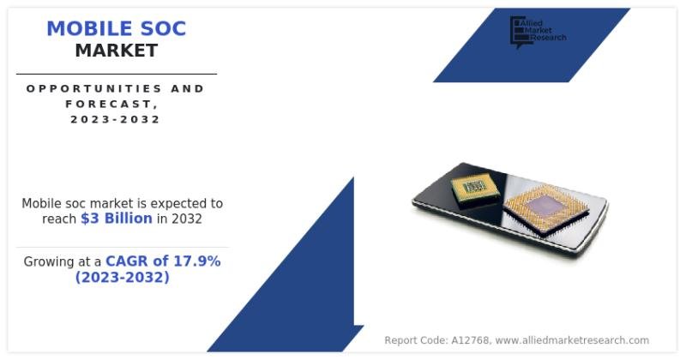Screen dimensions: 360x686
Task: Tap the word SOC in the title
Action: tap(160, 28)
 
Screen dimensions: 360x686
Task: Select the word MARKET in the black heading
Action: tap(116, 51)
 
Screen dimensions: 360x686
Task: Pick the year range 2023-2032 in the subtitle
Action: tap(116, 119)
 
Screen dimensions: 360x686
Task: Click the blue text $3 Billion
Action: tap(117, 219)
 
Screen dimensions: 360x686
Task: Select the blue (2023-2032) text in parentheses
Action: tap(122, 277)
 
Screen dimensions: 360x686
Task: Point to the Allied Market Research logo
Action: tap(538, 31)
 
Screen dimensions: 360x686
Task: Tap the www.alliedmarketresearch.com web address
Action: tap(572, 340)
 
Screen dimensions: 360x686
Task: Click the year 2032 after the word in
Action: tap(187, 219)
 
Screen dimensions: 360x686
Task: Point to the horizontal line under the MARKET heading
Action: tap(116, 74)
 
